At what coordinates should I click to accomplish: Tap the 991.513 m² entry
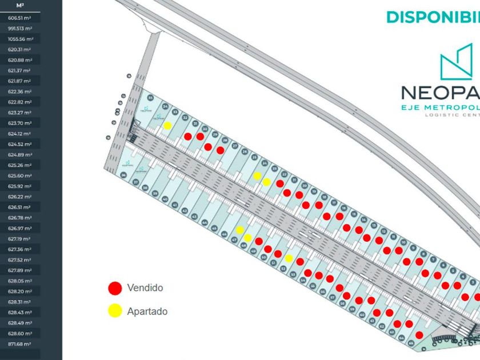20,28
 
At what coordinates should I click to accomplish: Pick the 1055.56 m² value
21,39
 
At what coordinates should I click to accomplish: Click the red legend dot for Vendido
115,288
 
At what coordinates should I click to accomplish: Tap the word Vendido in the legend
145,288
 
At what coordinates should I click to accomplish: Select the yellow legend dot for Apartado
115,311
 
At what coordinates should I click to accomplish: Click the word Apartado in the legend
147,311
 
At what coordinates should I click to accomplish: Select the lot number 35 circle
150,98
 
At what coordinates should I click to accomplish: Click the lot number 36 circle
123,175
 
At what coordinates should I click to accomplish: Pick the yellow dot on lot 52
289,258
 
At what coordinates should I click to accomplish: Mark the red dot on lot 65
419,335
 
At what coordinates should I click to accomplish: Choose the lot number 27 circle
235,146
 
